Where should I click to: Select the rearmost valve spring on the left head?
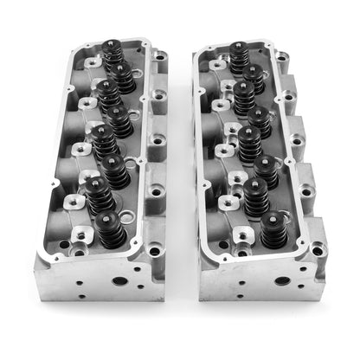click(x=112, y=54)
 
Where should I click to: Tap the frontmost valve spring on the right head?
click(x=272, y=228)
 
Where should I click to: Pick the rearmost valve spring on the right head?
click(x=239, y=57)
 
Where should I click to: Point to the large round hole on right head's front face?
click(x=281, y=280)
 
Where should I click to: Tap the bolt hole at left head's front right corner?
click(x=153, y=252)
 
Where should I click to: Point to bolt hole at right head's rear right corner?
click(x=283, y=58)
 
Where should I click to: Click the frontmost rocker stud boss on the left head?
click(x=81, y=235)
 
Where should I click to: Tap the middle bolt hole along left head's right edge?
click(x=157, y=138)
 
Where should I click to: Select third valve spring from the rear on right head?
click(x=244, y=94)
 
